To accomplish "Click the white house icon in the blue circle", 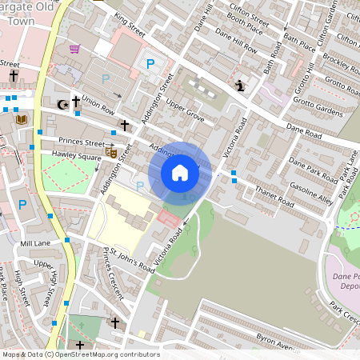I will (180, 172).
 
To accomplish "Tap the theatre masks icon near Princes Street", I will (111, 150).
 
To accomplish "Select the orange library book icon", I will (21, 120).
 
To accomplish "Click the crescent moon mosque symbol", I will (62, 104).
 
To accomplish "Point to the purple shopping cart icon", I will (74, 49).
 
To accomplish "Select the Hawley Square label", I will (77, 157).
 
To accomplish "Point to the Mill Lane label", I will (35, 243).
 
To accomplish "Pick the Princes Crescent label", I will (111, 274).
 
